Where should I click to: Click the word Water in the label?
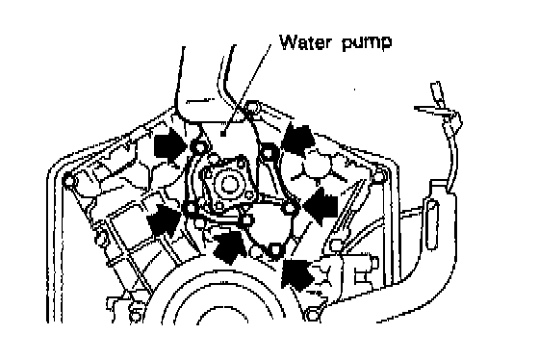pos(306,42)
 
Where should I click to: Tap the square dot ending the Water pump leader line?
pos(223,134)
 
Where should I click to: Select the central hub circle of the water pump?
pos(227,184)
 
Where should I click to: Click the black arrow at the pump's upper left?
pos(171,143)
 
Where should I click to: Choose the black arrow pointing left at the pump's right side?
pos(321,206)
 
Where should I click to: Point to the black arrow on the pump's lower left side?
pos(164,219)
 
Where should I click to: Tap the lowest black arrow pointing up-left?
pos(297,273)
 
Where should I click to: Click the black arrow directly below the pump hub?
pos(229,246)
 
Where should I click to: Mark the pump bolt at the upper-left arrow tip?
pos(199,148)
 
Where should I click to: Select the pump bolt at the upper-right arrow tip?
pos(267,151)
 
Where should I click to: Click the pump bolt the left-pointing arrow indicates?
pos(290,208)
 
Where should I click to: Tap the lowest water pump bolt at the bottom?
pos(274,249)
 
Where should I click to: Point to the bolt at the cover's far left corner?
pos(68,181)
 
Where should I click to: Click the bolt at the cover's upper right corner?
pos(378,177)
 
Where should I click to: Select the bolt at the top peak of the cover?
pos(252,107)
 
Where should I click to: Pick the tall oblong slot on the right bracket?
pos(432,224)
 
